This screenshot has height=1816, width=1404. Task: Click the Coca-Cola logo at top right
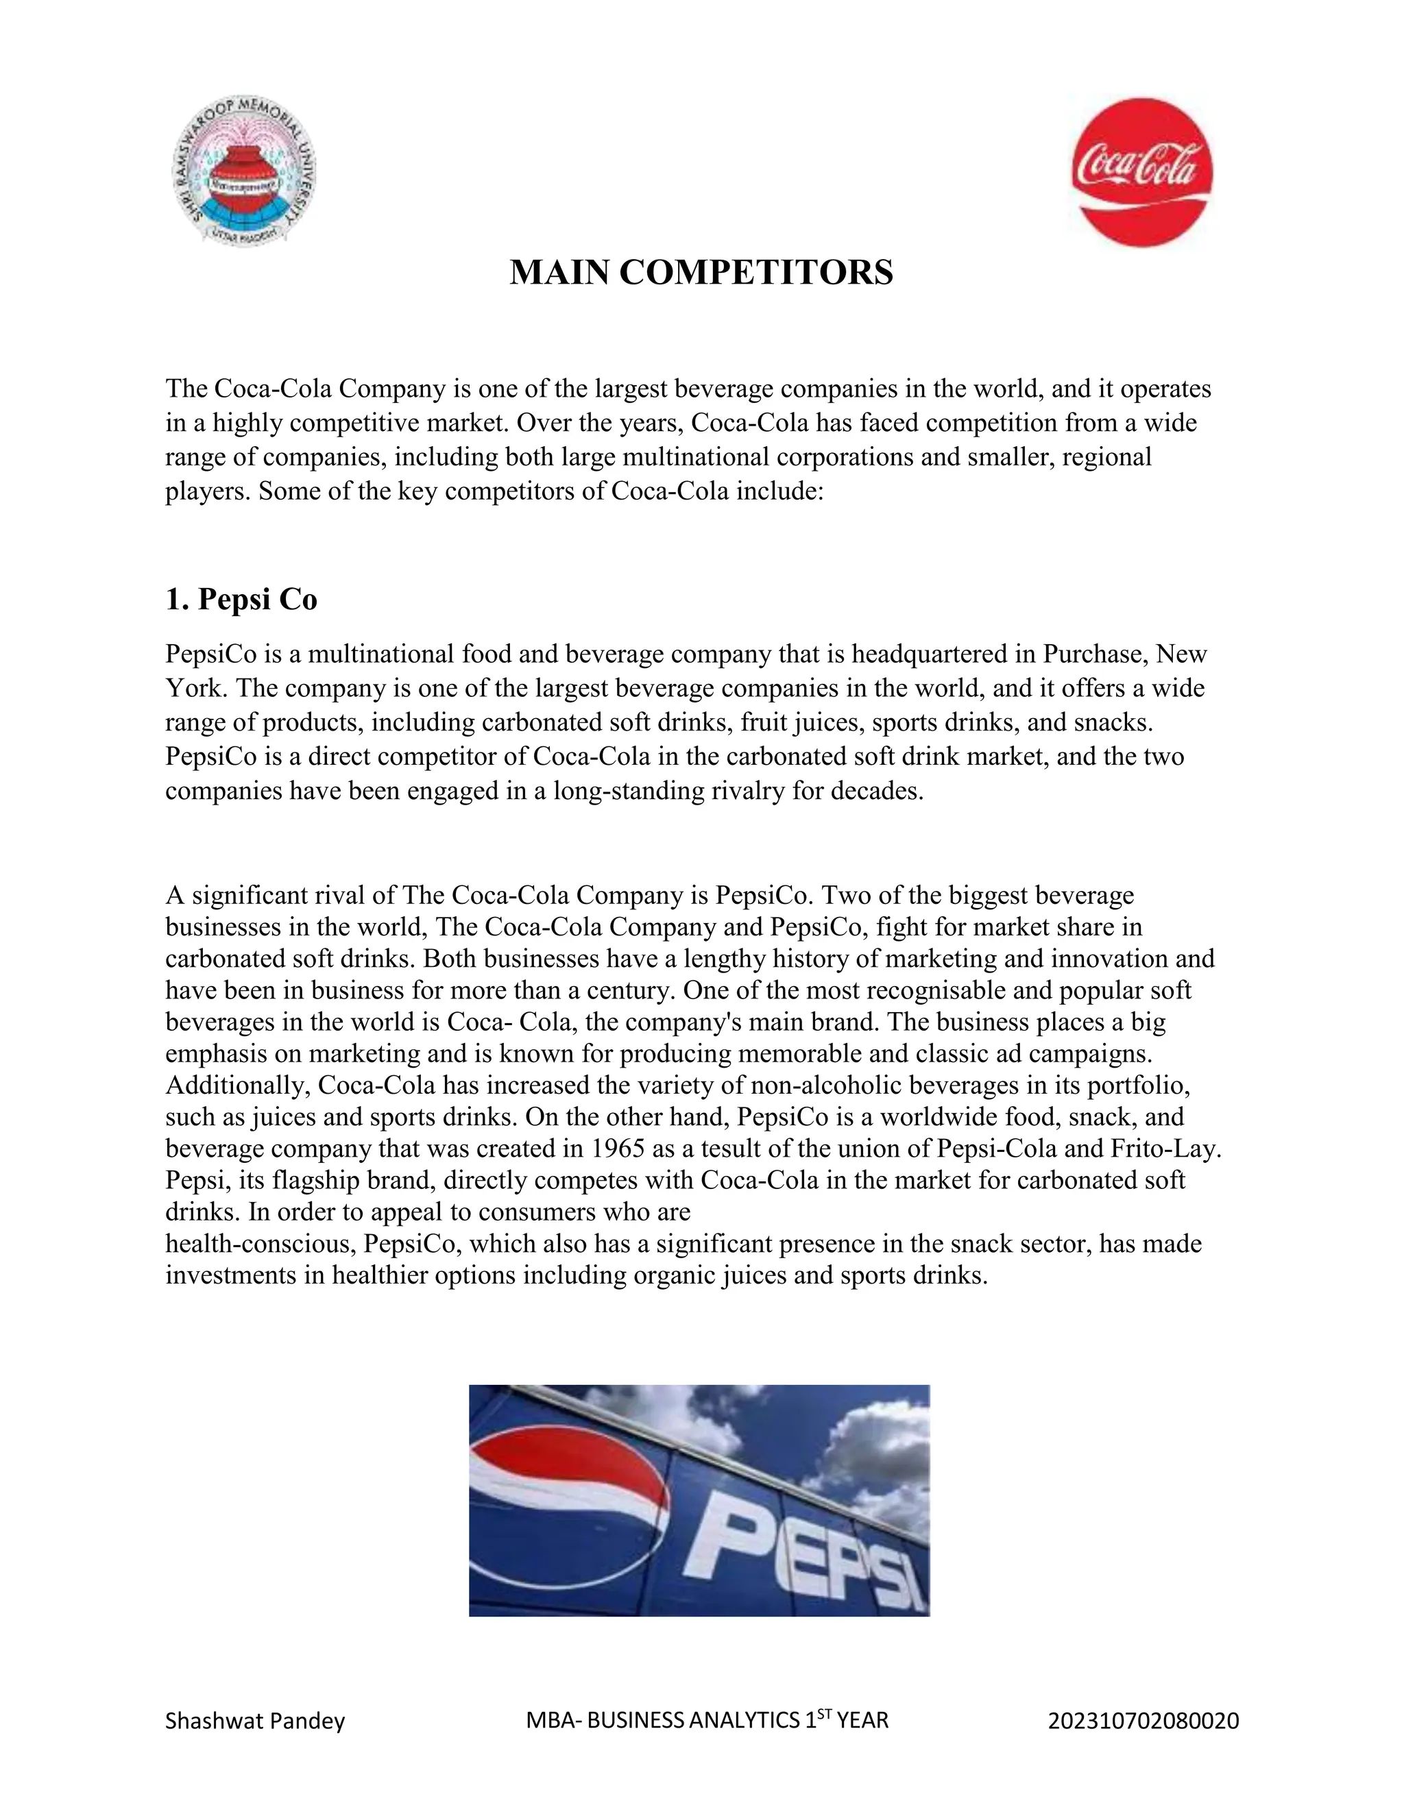coord(1140,171)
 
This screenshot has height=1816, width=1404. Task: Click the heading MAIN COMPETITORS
coord(701,273)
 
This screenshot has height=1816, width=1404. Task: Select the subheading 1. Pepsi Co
coord(241,600)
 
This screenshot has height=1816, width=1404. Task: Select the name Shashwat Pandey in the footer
coord(254,1720)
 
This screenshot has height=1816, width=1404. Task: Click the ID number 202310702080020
coord(1143,1720)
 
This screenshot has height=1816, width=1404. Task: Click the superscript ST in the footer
coord(823,1713)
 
